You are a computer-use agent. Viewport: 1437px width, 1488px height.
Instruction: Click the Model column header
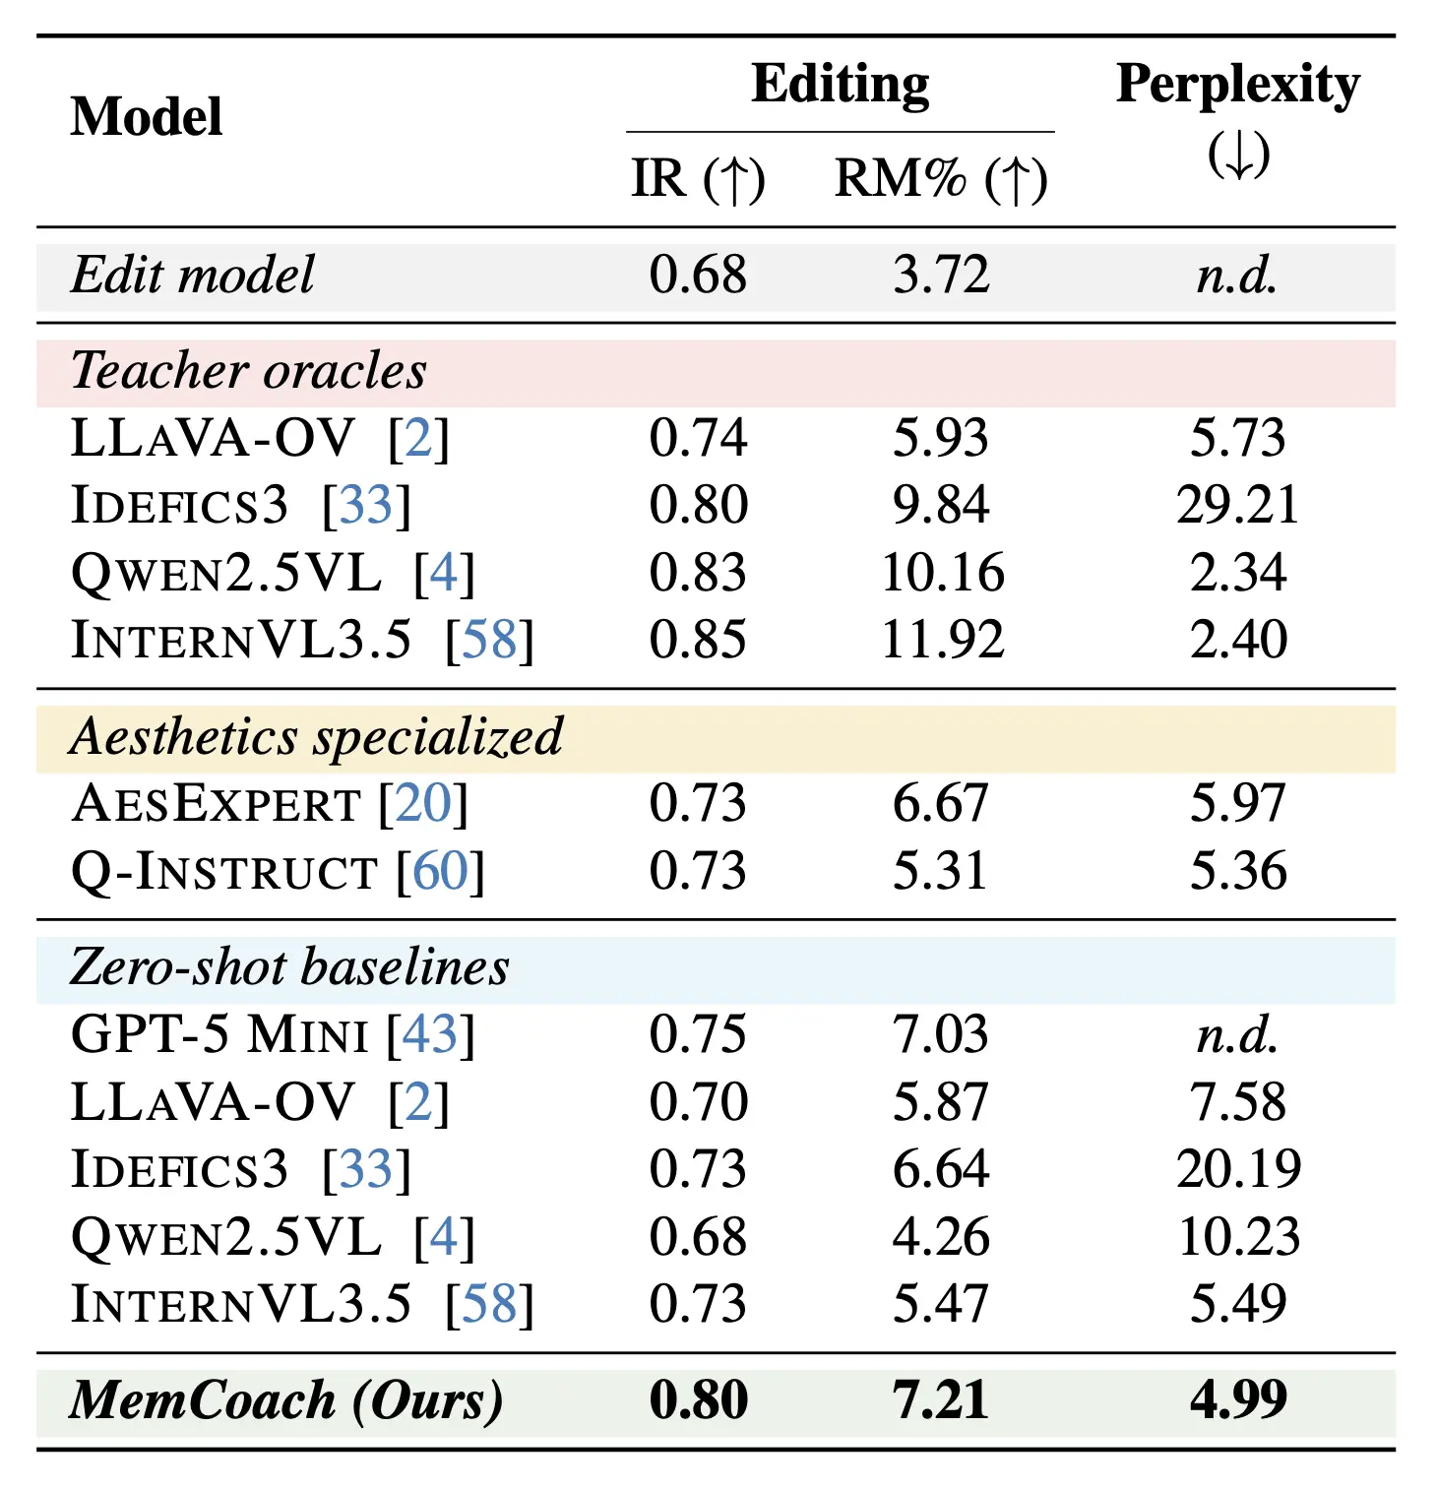pos(147,117)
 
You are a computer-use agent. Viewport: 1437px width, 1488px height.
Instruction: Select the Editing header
pos(840,84)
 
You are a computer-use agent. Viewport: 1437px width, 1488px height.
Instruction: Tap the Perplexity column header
pos(1237,85)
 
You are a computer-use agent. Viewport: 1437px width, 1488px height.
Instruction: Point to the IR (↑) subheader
pos(698,179)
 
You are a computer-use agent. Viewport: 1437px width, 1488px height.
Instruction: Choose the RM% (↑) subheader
pos(940,179)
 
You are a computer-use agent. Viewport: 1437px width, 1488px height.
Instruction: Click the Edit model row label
pos(193,275)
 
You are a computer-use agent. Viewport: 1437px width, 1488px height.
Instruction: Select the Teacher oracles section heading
pos(249,371)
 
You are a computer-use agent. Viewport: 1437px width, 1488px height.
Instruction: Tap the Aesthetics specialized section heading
pos(317,737)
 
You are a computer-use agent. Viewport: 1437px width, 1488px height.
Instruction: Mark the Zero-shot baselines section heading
pos(290,967)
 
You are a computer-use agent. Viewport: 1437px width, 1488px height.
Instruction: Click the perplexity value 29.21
pos(1237,505)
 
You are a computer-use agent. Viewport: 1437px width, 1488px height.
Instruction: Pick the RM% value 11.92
pos(942,640)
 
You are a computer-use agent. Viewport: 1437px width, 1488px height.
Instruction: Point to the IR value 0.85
pos(698,640)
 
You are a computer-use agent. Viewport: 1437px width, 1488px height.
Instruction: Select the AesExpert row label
pos(217,804)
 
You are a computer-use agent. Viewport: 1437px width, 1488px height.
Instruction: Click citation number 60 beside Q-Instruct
pos(440,871)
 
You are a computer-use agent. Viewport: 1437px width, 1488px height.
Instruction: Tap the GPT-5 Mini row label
pos(219,1035)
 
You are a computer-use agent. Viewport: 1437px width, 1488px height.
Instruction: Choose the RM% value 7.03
pos(940,1035)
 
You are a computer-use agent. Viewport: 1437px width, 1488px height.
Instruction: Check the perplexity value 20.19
pos(1238,1169)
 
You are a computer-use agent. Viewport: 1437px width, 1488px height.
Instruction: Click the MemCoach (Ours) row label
pos(286,1400)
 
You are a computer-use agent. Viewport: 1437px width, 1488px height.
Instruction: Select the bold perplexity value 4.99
pos(1237,1400)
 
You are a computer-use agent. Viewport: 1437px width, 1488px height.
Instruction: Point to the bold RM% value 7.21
pos(940,1400)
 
